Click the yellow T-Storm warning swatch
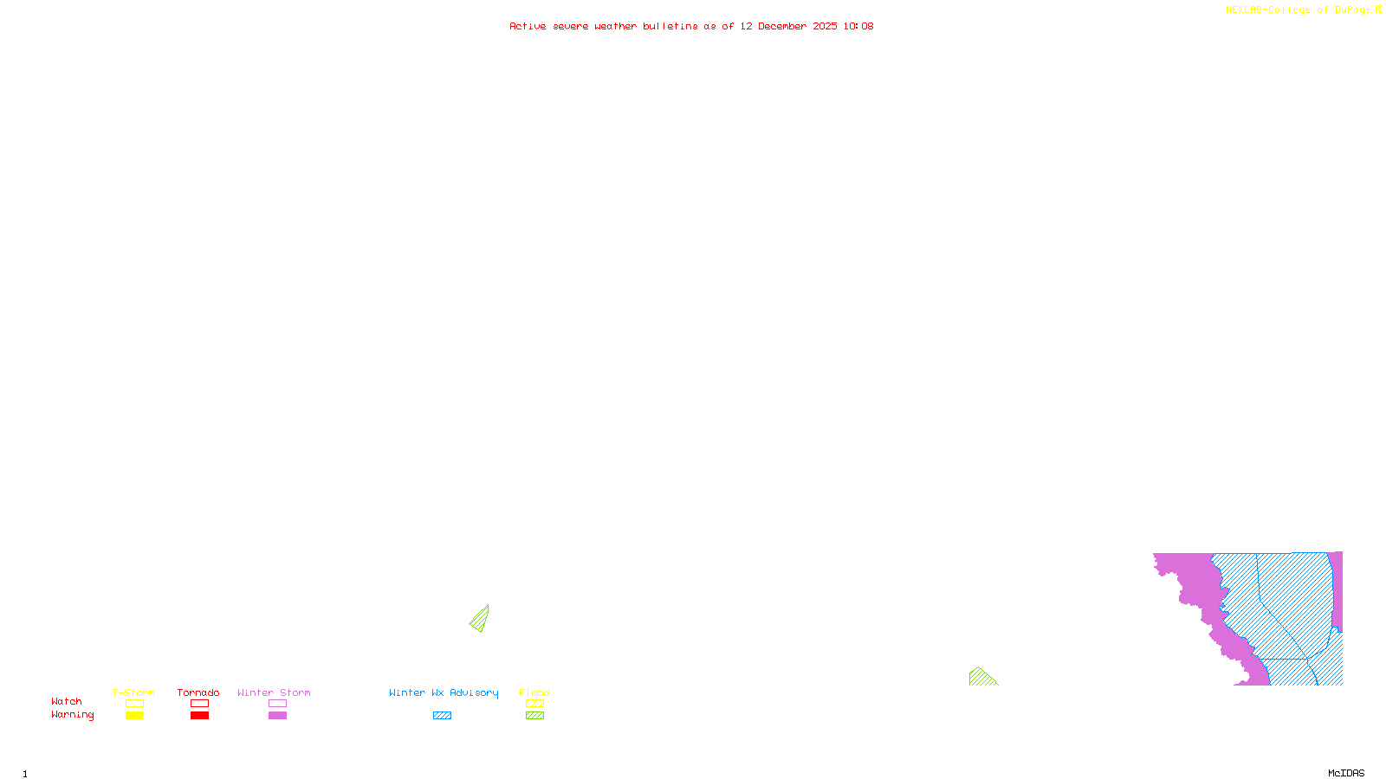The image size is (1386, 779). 134,716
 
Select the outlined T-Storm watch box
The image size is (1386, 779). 134,704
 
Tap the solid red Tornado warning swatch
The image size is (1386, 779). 199,716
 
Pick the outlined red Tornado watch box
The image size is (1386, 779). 199,704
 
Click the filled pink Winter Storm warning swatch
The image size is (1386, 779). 277,716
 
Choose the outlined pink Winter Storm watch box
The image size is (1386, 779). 277,704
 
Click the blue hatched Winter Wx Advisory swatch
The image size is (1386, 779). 442,716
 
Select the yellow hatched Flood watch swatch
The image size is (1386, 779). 534,704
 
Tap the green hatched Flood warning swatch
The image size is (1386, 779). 534,716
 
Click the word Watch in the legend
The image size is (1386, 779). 67,702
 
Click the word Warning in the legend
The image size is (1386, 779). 72,715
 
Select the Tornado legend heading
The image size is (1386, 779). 198,692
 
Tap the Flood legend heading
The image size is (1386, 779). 534,692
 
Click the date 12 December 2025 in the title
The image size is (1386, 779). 788,26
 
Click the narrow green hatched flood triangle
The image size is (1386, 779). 481,620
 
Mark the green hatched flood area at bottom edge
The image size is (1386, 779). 981,678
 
